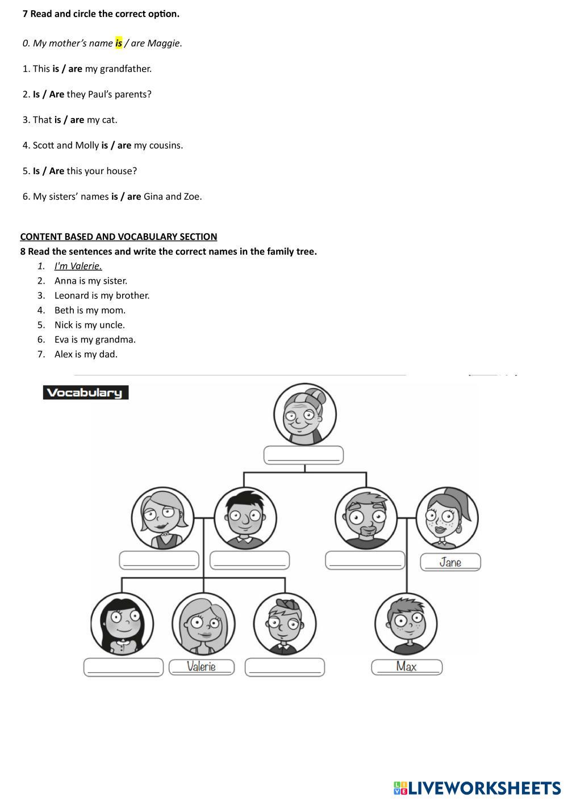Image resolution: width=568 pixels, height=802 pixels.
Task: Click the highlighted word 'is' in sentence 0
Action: (119, 43)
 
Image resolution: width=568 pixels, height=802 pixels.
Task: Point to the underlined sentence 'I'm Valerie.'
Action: (78, 266)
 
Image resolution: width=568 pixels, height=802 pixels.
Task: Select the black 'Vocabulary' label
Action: (85, 392)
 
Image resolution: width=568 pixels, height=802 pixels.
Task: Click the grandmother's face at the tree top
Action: (305, 414)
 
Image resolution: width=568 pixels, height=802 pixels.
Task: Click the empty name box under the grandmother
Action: (304, 455)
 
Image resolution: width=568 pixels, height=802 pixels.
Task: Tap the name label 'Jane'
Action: (450, 562)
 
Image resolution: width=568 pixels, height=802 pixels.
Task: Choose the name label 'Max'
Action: (407, 666)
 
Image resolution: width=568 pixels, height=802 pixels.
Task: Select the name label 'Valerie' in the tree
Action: (202, 666)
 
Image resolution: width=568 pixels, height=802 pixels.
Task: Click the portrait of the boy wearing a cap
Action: (285, 624)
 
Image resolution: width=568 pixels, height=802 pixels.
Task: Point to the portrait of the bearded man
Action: (366, 518)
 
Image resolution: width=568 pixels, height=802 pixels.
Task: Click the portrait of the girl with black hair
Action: (122, 623)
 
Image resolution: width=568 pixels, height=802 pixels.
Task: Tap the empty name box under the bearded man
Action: (365, 560)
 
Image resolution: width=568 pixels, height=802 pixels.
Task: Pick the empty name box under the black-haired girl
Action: (123, 667)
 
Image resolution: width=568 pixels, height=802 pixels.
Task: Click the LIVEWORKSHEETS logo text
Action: (485, 788)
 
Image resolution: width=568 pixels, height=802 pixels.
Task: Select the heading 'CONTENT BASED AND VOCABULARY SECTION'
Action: (119, 237)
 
